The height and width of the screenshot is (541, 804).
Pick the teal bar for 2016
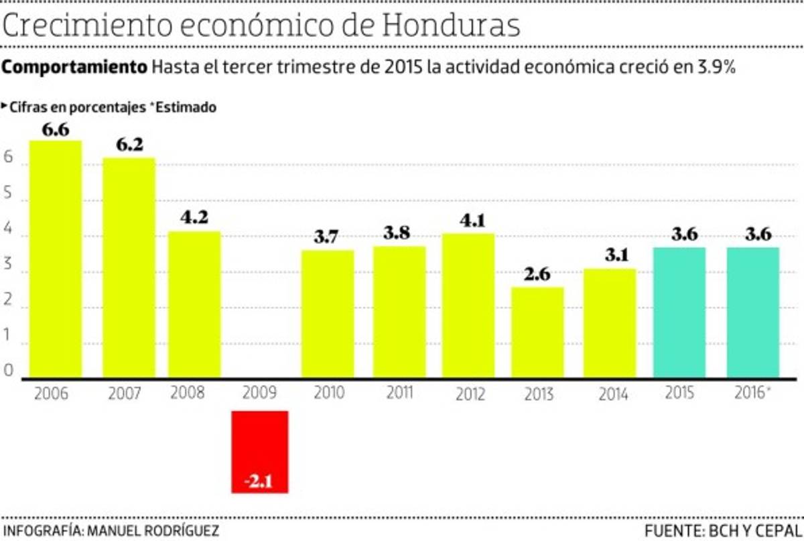pos(752,312)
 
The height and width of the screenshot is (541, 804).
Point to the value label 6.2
pos(129,145)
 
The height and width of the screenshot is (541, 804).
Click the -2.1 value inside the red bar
pos(259,481)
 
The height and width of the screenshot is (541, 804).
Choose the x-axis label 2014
pos(612,394)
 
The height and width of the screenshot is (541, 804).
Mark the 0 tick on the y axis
pos(8,370)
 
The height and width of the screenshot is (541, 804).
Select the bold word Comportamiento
pos(75,68)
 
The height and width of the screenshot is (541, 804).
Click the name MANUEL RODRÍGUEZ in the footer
pos(151,531)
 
